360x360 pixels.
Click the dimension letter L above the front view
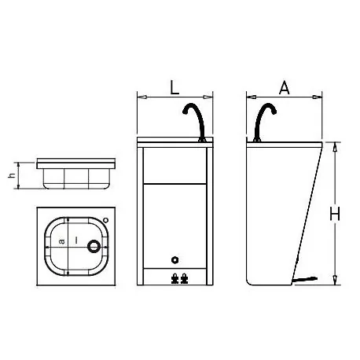(174, 88)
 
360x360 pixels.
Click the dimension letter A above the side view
(285, 88)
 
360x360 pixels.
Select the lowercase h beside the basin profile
(11, 175)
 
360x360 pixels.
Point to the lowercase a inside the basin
(62, 244)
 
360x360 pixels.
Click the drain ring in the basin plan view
(95, 246)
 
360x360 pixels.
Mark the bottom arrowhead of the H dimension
(335, 281)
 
